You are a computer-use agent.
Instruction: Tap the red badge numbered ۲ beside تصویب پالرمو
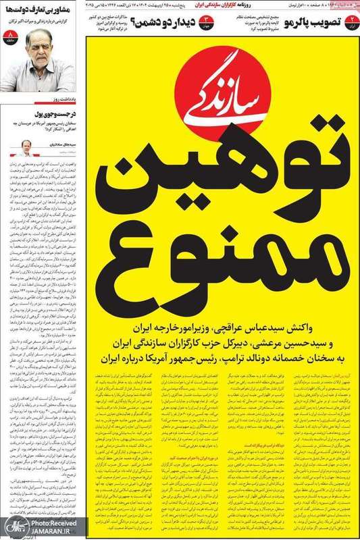349,26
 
